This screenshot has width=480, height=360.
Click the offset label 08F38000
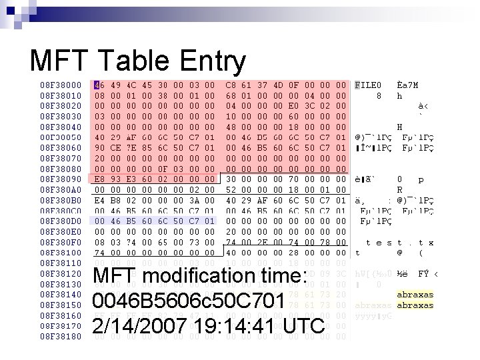coord(61,85)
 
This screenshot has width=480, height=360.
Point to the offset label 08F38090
coord(61,179)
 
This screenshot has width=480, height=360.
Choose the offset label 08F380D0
coord(61,221)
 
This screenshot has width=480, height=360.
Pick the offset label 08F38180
coord(61,335)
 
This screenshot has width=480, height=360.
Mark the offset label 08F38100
coord(61,253)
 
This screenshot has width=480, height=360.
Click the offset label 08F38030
coord(61,117)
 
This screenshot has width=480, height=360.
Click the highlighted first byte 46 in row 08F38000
coord(99,85)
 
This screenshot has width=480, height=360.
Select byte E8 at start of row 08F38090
coord(99,179)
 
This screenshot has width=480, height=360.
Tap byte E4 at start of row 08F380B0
coord(99,200)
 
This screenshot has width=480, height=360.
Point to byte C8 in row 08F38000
coord(231,85)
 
